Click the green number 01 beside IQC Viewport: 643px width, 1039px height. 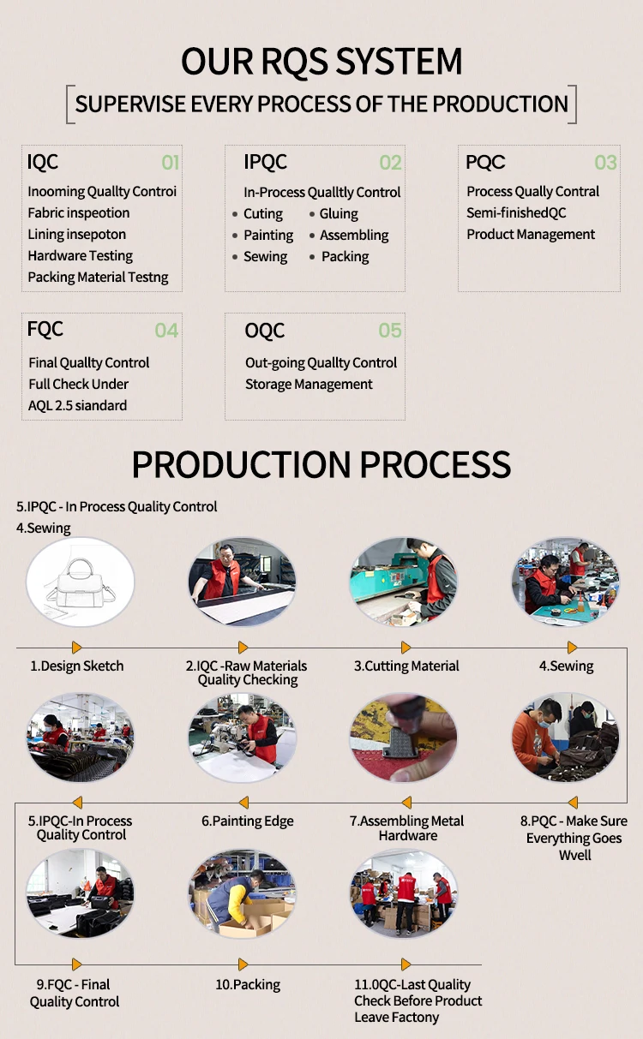pos(171,163)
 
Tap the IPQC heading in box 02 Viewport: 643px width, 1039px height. pos(265,162)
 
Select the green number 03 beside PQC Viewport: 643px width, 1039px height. pos(605,163)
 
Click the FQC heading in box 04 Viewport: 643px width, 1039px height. pos(45,329)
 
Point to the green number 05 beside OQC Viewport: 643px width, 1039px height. pos(390,331)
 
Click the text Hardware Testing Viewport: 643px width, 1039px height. pos(80,255)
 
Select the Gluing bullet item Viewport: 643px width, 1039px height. pos(339,214)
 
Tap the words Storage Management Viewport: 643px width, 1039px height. pos(309,384)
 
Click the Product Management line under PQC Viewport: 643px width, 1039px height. pos(531,234)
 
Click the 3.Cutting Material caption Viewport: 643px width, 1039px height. pos(406,666)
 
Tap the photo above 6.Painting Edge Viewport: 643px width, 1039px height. pos(242,737)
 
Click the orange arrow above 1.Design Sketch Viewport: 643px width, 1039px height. pos(77,648)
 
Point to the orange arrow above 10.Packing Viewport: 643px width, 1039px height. pos(244,964)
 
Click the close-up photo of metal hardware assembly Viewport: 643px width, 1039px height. pos(403,737)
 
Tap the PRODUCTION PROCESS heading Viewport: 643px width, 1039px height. pos(321,464)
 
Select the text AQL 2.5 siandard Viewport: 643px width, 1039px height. pos(77,405)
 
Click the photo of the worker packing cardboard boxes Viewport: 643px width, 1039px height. pos(242,893)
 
